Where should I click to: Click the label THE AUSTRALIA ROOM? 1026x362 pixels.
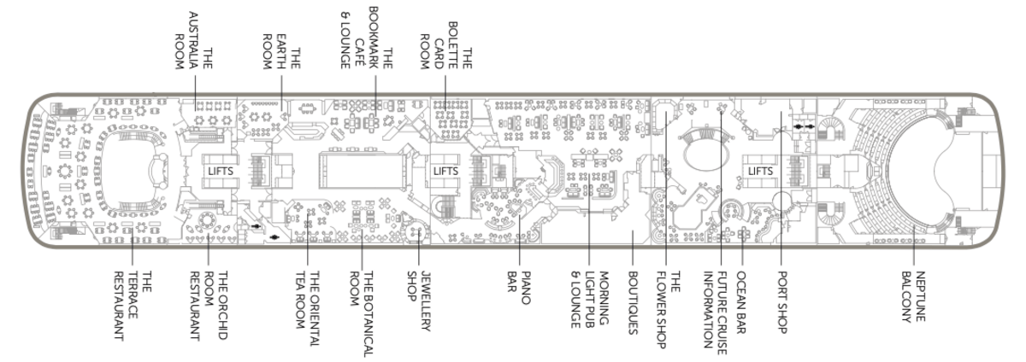point(194,41)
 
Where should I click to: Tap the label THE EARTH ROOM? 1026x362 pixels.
point(281,51)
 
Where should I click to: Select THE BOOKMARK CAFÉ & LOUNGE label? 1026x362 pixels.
point(367,38)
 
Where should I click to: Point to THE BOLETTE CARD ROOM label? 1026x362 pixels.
point(446,45)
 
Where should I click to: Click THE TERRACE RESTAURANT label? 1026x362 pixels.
point(133,306)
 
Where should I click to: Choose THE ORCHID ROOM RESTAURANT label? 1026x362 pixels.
point(209,306)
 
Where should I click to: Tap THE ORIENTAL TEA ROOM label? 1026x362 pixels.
point(307,308)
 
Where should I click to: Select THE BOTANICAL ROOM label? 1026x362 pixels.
point(362,314)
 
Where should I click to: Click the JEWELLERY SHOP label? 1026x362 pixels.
point(419,301)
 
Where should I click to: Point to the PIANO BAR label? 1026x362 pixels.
point(519,288)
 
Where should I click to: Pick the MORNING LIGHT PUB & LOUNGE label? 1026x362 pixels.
point(590,300)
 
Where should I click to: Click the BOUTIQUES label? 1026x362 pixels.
point(633,303)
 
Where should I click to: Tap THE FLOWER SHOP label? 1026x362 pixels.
point(668,310)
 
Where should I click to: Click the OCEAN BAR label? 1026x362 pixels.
point(741,302)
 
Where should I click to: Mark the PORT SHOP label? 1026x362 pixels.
point(781,302)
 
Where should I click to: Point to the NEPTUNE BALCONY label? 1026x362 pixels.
point(913,296)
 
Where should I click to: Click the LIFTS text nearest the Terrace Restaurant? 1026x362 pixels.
point(221,171)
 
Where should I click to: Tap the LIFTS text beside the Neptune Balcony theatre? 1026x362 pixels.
point(760,171)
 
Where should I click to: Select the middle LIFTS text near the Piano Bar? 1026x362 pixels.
point(445,171)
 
